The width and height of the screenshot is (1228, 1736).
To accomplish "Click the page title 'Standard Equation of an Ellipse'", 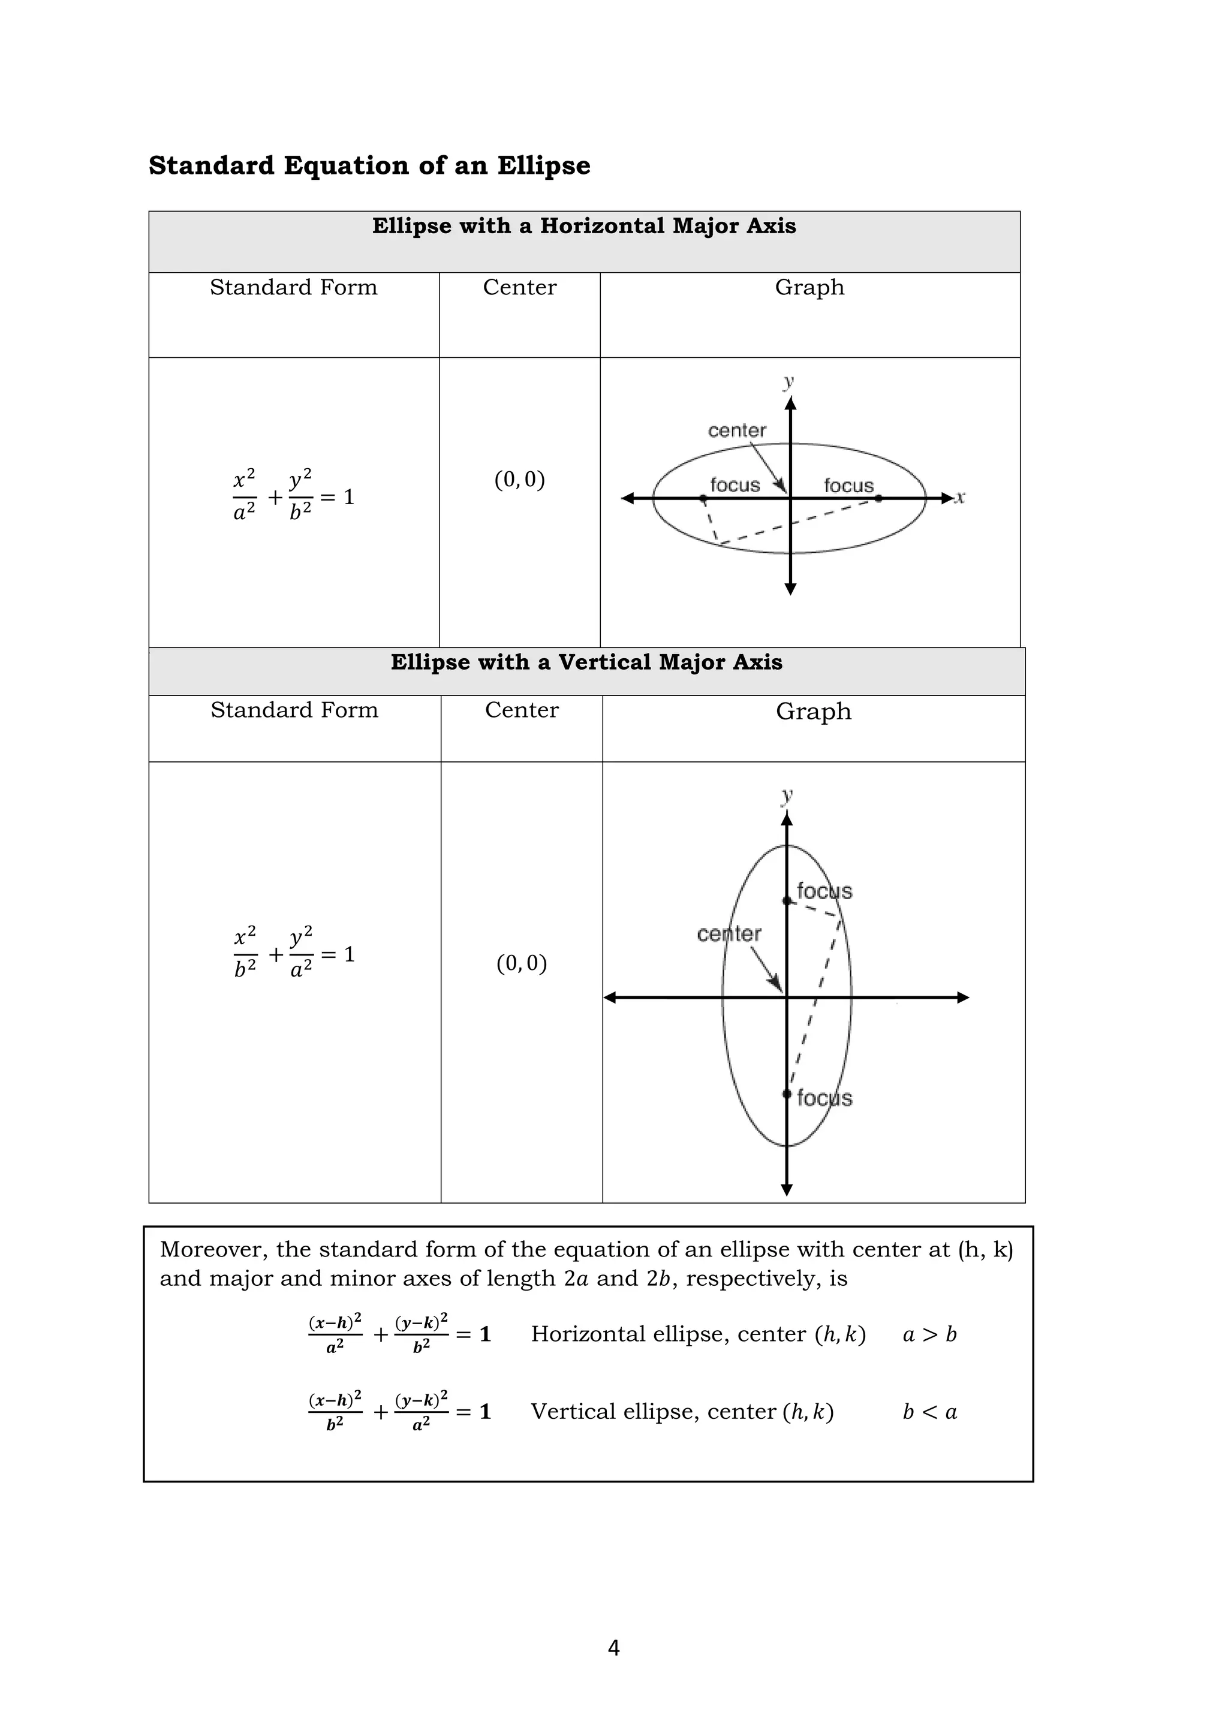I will pyautogui.click(x=369, y=165).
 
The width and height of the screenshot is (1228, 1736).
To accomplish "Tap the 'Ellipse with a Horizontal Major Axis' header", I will pyautogui.click(x=584, y=226).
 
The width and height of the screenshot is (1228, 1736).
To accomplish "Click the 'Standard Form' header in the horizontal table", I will pyautogui.click(x=293, y=287).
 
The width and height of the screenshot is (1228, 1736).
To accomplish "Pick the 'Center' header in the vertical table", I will pyautogui.click(x=521, y=710).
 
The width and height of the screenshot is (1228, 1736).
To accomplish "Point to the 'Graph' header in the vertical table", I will pyautogui.click(x=813, y=712).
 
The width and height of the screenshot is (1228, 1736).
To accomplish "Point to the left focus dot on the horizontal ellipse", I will pyautogui.click(x=703, y=499).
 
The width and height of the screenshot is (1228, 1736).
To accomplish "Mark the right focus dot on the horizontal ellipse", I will pyautogui.click(x=878, y=498).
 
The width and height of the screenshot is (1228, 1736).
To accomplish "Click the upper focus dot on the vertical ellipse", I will pyautogui.click(x=787, y=900).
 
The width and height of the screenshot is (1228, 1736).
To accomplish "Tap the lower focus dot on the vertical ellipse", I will pyautogui.click(x=787, y=1093).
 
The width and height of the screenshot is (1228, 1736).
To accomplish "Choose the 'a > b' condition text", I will pyautogui.click(x=929, y=1334).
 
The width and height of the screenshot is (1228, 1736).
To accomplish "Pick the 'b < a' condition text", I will pyautogui.click(x=929, y=1412).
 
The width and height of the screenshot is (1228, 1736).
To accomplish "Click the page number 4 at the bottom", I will pyautogui.click(x=613, y=1647).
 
